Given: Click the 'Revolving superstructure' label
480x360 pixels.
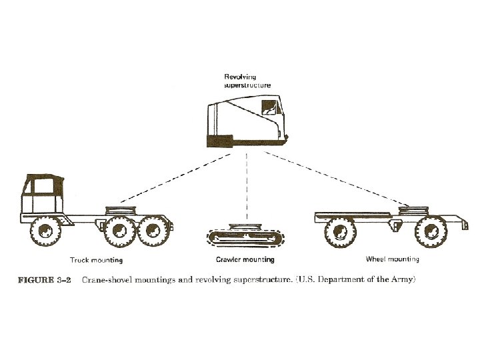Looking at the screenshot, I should click(x=245, y=81).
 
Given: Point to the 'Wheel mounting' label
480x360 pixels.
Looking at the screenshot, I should click(x=393, y=259).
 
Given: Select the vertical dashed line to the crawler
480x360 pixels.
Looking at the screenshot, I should click(x=247, y=187).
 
